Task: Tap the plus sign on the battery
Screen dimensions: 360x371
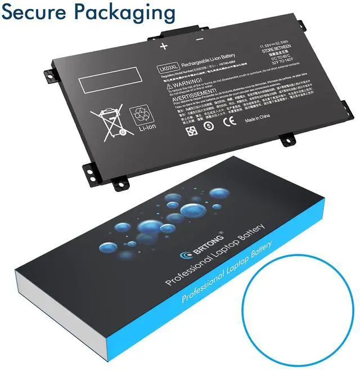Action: [x=164, y=45]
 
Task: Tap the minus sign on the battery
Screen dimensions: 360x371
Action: [x=199, y=40]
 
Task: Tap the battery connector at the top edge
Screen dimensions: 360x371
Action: [x=181, y=32]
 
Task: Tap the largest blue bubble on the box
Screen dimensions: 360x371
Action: [x=145, y=228]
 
